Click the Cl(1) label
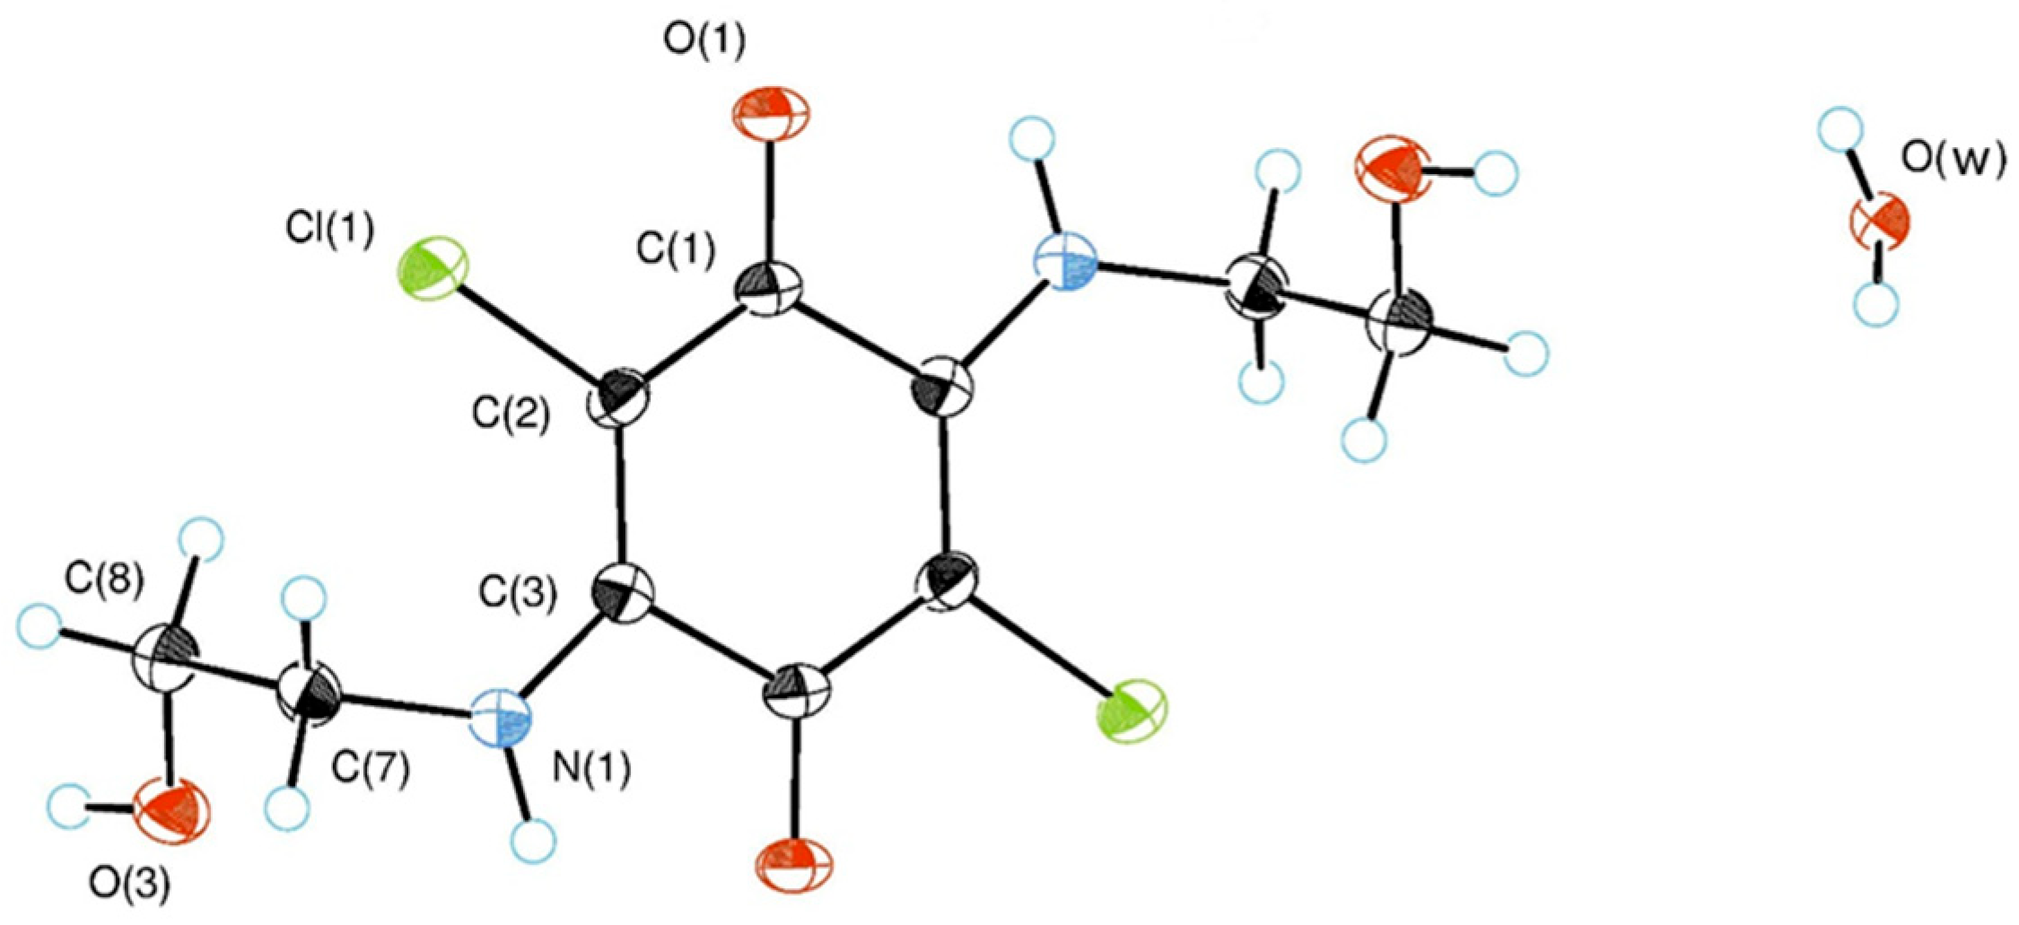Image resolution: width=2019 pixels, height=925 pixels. click(x=330, y=230)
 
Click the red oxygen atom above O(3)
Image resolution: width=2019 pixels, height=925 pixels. click(x=171, y=811)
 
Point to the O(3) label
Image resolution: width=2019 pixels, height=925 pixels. click(x=129, y=885)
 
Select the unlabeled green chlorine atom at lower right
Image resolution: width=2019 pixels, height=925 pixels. click(x=1134, y=711)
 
